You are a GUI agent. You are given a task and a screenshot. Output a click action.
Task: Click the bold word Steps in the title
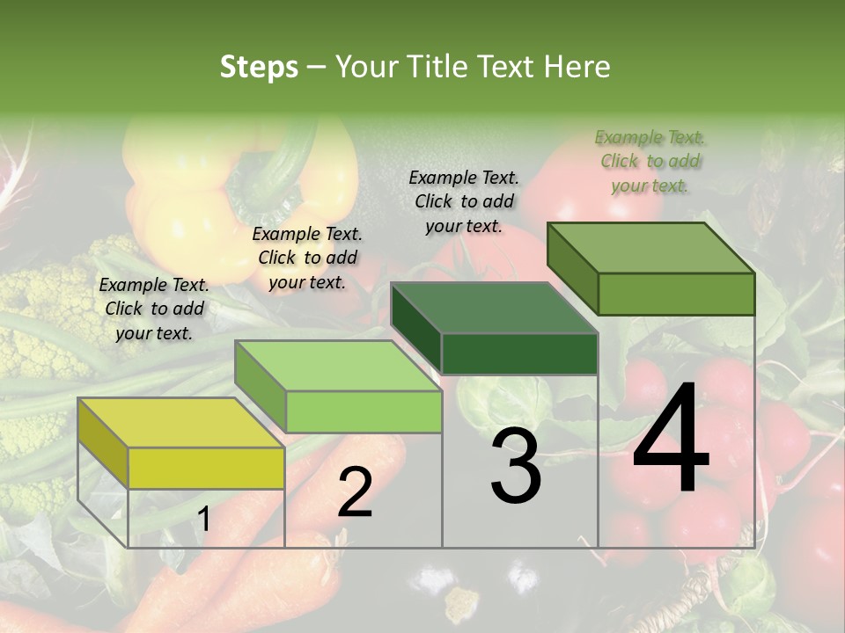[x=259, y=67]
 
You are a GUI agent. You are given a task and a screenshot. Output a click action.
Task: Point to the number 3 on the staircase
[x=516, y=467]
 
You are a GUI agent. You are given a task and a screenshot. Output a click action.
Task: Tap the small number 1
[x=203, y=520]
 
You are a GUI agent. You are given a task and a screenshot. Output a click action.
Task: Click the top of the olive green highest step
[x=651, y=248]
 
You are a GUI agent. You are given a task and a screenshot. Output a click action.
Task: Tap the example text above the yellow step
[x=154, y=309]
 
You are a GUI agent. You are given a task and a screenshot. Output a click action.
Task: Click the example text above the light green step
[x=307, y=258]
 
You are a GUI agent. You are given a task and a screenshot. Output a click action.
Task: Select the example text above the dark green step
[x=464, y=201]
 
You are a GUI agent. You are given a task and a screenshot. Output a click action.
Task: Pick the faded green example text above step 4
[x=650, y=161]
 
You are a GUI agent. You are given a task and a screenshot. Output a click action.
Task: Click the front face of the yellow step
[x=206, y=468]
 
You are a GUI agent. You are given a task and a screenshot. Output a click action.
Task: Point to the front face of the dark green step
[x=519, y=353]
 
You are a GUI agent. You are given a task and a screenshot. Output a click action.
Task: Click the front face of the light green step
[x=363, y=411]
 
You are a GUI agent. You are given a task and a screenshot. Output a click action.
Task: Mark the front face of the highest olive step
[x=676, y=294]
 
